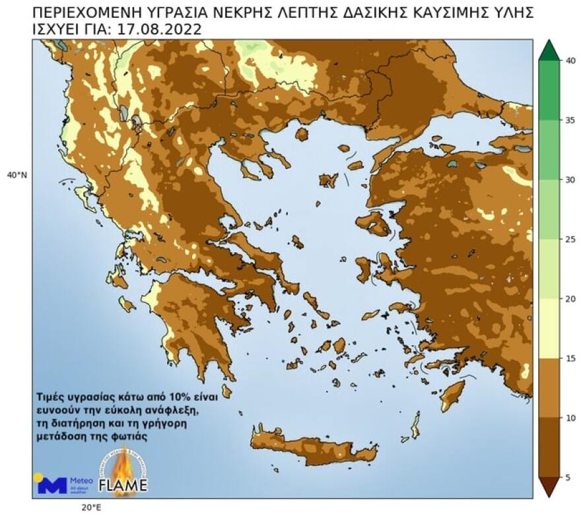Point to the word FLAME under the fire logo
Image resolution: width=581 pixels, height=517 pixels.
123,487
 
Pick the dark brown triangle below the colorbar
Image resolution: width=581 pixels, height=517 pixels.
549,487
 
